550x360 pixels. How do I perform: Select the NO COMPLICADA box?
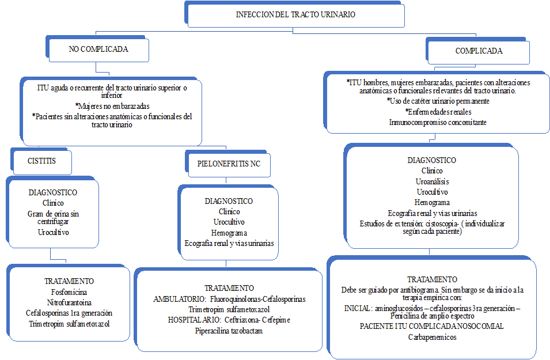(98, 50)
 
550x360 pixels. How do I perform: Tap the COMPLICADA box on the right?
(479, 51)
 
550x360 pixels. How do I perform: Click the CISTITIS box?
(42, 161)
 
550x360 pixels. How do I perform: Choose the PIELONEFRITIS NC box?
(229, 164)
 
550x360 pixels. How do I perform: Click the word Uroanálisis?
(431, 181)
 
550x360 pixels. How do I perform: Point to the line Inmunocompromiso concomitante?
(437, 122)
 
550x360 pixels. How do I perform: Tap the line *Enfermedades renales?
(438, 111)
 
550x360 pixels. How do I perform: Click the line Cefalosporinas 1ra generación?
(69, 313)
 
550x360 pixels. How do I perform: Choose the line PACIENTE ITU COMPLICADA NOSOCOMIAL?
(432, 326)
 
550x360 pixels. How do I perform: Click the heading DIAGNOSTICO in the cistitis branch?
(53, 192)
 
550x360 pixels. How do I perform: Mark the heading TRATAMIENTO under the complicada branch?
(432, 279)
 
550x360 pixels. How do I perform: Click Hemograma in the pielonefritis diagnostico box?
(229, 233)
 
